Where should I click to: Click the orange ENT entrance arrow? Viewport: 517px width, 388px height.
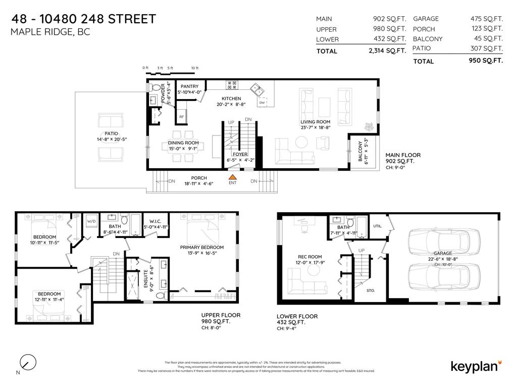pyautogui.click(x=232, y=177)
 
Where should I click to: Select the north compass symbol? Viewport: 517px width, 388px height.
pyautogui.click(x=28, y=362)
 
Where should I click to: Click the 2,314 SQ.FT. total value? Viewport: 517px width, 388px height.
pyautogui.click(x=387, y=51)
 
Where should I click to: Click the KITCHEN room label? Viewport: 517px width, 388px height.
pyautogui.click(x=231, y=99)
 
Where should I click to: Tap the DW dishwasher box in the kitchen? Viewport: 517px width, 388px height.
pyautogui.click(x=262, y=103)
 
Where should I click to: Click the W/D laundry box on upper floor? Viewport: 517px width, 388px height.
pyautogui.click(x=91, y=221)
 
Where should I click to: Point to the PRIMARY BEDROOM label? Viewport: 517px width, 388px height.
pyautogui.click(x=201, y=248)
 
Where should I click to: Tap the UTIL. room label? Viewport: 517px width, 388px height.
pyautogui.click(x=377, y=226)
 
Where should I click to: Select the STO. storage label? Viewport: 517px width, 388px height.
pyautogui.click(x=371, y=290)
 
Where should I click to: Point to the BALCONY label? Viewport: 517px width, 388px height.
pyautogui.click(x=360, y=152)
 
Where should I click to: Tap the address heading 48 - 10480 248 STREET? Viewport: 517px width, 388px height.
pyautogui.click(x=83, y=19)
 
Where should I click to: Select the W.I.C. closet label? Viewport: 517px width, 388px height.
pyautogui.click(x=155, y=221)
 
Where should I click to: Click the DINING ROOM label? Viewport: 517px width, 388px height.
pyautogui.click(x=183, y=143)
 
